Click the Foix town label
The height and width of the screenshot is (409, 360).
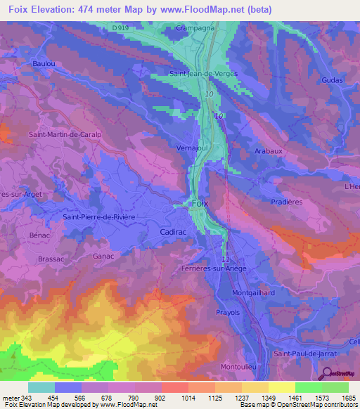(x=200, y=203)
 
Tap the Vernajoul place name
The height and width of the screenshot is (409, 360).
(x=191, y=148)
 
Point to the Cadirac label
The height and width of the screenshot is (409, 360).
(x=172, y=231)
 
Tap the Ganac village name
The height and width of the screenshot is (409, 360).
(x=103, y=257)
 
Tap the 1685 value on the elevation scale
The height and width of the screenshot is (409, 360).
(x=349, y=398)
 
